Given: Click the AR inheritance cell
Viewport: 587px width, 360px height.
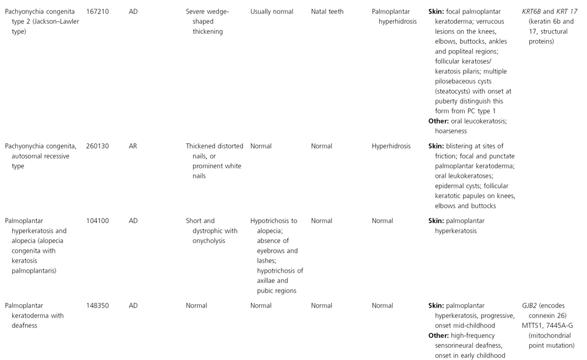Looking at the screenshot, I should [x=133, y=146].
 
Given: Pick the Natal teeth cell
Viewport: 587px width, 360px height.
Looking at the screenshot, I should [x=327, y=11].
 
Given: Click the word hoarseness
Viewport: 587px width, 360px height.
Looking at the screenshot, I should [x=451, y=131].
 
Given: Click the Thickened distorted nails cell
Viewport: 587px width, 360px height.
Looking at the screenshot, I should [x=217, y=161].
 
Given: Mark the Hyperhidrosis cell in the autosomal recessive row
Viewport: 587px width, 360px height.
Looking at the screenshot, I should [x=391, y=146].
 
